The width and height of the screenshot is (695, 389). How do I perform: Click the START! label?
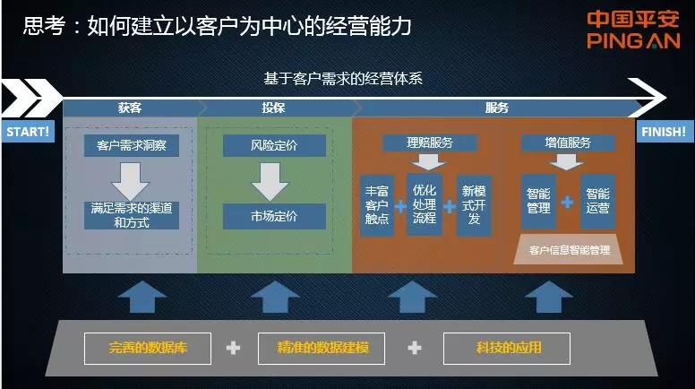tap(28, 131)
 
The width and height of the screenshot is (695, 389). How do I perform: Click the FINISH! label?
tap(664, 131)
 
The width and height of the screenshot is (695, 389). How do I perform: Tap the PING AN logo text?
tap(633, 40)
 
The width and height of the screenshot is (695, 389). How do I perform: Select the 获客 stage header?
tap(130, 108)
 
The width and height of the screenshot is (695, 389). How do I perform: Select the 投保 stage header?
tap(274, 108)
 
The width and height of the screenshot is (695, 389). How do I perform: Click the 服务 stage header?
tap(496, 108)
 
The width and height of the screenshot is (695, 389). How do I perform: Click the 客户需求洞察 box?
tap(132, 146)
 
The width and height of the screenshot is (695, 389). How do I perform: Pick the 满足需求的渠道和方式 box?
tap(132, 215)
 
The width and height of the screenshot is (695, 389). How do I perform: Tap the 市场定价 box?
tap(274, 216)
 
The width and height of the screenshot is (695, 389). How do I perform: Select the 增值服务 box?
tap(568, 143)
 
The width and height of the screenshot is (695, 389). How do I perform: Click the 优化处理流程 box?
tap(424, 204)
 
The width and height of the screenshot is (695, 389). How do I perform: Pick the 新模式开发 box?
tap(473, 205)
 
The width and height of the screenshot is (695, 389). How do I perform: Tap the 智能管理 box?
tap(538, 202)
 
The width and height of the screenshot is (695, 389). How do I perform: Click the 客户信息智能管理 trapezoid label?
tap(570, 250)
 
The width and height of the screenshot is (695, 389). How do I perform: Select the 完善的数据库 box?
tap(148, 348)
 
